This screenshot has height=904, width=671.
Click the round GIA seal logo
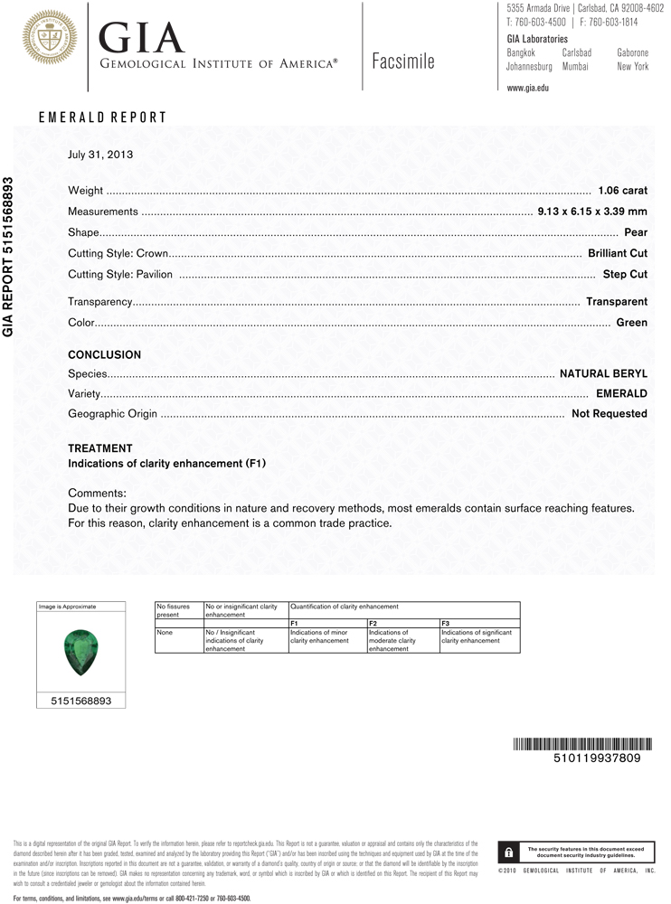pos(50,37)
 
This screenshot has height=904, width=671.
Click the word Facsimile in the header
pos(402,61)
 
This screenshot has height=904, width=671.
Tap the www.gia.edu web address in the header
pos(527,88)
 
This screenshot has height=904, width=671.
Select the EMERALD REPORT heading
pos(102,118)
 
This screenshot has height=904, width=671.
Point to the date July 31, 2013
pos(100,155)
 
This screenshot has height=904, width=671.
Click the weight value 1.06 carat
pos(623,191)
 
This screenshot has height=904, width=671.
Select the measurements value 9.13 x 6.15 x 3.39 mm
pos(592,212)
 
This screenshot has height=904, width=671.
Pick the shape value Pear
pos(636,232)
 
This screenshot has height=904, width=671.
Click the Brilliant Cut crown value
pos(618,253)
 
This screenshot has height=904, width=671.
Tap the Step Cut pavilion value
pos(625,274)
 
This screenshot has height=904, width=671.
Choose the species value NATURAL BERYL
pos(603,373)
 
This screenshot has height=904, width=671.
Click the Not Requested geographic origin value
pos(610,414)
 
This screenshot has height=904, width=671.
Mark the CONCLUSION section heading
pos(105,355)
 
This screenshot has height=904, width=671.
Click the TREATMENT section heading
pos(100,448)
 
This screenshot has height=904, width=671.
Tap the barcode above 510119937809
pos(583,744)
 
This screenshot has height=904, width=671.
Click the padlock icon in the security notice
pos(508,852)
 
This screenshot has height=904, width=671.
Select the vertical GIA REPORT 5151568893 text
pos(9,256)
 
